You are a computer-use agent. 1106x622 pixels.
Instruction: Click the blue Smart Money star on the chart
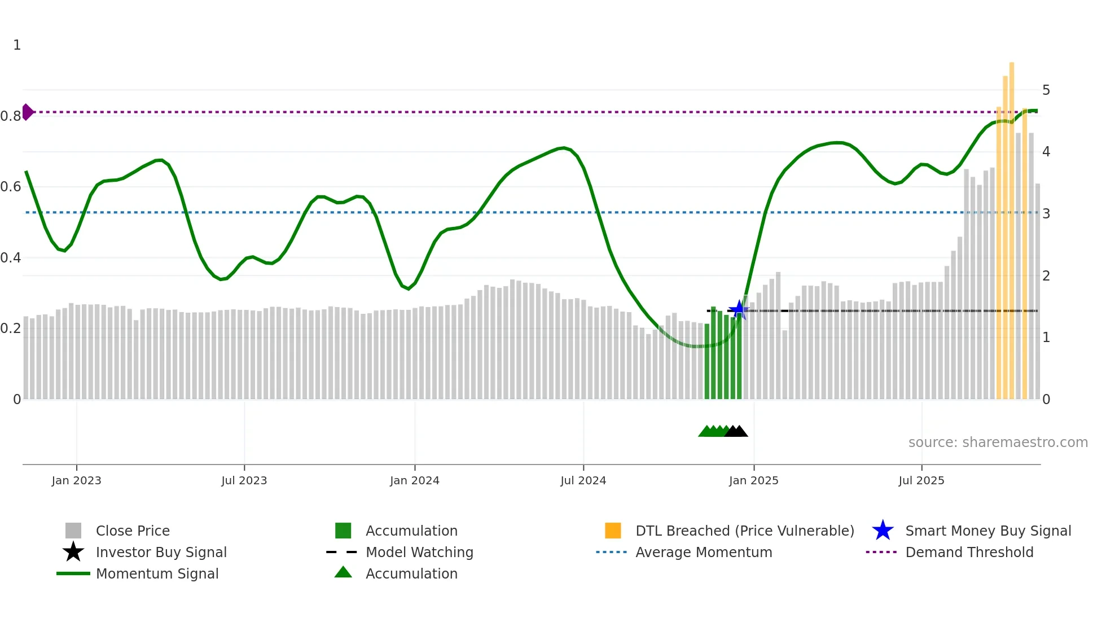[739, 310]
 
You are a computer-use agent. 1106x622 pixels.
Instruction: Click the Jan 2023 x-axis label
[76, 480]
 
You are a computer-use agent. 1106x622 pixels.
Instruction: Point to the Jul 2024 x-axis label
[583, 480]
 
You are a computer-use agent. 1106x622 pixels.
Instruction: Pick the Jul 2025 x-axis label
[921, 480]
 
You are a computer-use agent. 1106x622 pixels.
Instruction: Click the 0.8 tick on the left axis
[11, 116]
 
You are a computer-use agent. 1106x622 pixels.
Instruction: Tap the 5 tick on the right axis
[1046, 90]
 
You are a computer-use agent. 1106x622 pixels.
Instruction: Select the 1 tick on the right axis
[1046, 338]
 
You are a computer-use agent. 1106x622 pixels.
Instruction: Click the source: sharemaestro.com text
[998, 443]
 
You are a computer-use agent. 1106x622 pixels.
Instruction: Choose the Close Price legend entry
[133, 531]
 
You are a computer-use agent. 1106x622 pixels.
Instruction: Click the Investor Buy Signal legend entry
[161, 552]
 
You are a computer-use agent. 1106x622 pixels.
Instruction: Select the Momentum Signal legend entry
[157, 573]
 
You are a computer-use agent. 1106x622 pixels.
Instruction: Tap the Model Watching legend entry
[419, 552]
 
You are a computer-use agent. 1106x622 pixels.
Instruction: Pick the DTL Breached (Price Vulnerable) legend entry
[744, 531]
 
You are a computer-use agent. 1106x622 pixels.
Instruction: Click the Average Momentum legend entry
[704, 552]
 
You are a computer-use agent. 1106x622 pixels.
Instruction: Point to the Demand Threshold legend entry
[969, 552]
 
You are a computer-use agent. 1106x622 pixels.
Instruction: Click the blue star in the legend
[883, 531]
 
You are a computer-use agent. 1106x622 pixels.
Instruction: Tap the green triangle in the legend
[343, 572]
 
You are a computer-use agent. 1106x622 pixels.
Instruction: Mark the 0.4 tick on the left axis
[11, 258]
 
